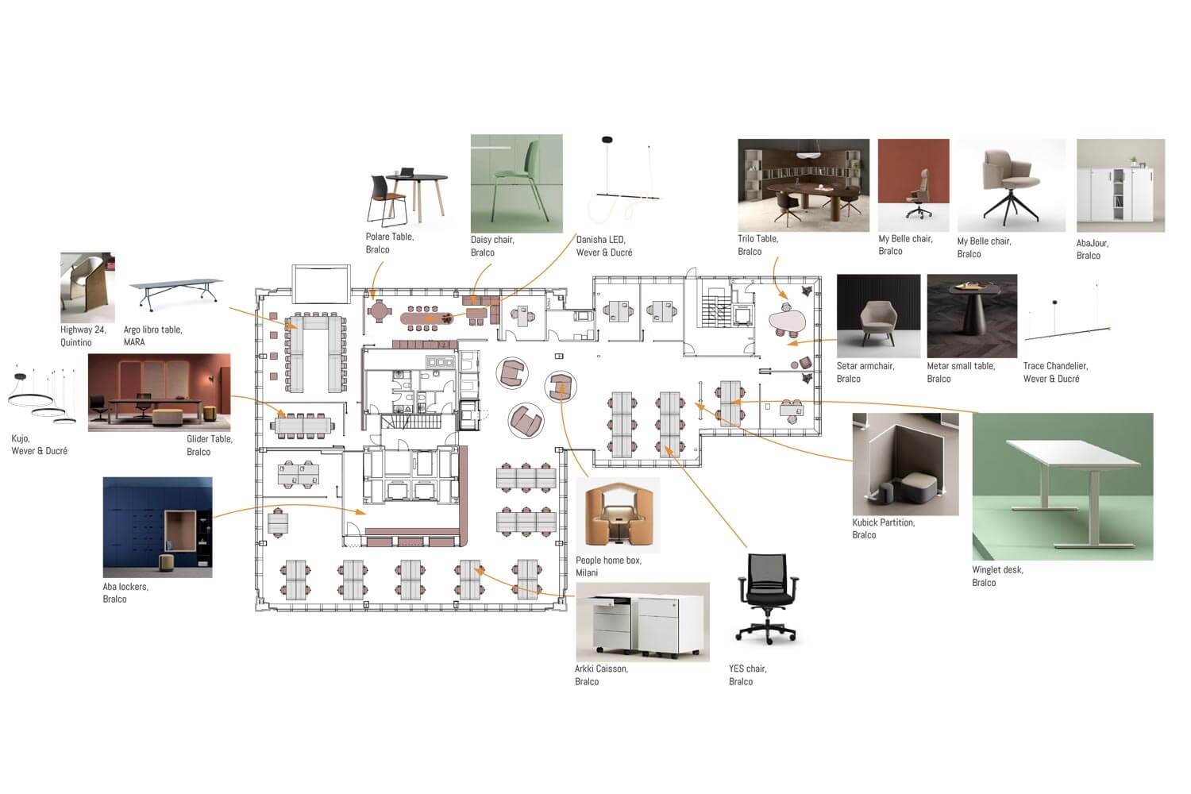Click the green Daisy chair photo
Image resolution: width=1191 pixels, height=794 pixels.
(516, 183)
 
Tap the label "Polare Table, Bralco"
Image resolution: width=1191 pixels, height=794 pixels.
(390, 243)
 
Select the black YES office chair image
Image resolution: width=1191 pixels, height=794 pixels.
(767, 599)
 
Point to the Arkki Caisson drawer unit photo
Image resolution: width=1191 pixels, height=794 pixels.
(642, 622)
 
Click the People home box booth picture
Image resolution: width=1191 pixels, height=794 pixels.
(618, 515)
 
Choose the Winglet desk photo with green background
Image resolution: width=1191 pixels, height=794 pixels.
(1062, 487)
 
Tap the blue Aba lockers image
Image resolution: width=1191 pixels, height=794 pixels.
(157, 527)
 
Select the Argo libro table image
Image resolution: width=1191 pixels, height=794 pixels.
(176, 294)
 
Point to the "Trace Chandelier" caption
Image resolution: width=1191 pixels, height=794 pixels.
(1055, 366)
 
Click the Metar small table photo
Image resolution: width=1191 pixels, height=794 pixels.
(972, 316)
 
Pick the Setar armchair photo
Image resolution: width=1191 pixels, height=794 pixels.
(878, 316)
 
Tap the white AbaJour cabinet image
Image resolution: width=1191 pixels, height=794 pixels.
(1121, 186)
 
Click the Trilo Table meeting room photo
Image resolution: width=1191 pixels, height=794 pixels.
(804, 185)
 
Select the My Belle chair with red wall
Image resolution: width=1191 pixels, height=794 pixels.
(913, 185)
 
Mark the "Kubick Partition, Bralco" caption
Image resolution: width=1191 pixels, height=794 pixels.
(883, 529)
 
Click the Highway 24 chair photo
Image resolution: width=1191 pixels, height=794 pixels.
(87, 287)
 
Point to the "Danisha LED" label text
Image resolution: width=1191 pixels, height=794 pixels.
(601, 240)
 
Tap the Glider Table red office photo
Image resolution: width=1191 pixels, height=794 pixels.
(159, 392)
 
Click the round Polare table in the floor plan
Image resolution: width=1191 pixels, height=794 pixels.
(379, 311)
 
